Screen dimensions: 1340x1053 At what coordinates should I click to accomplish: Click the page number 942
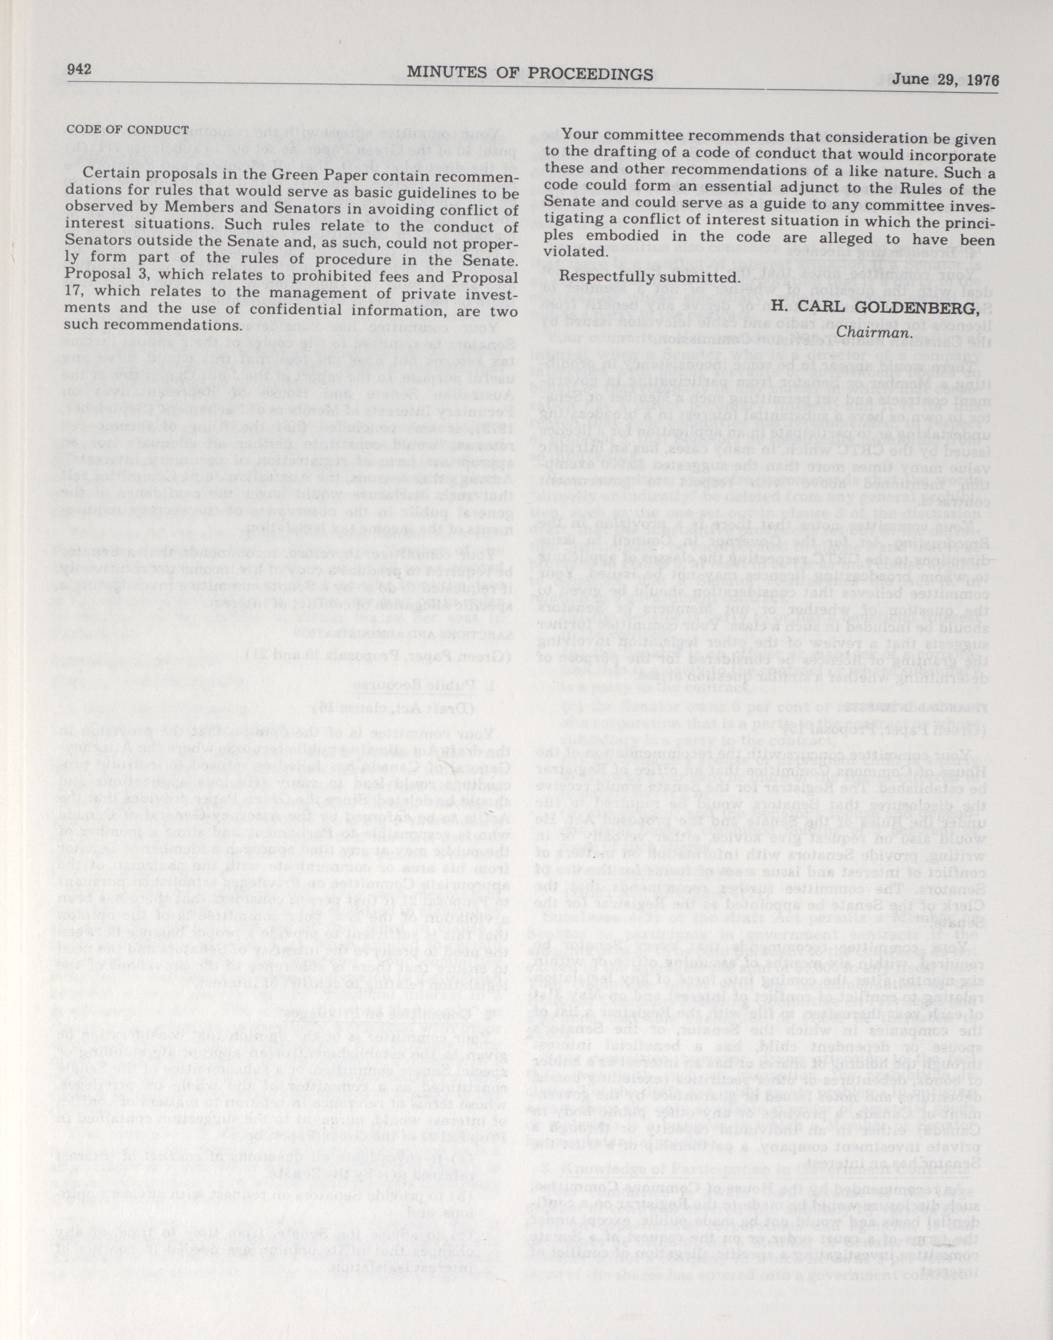coord(79,69)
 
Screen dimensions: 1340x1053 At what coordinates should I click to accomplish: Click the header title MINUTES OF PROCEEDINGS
coord(530,74)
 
